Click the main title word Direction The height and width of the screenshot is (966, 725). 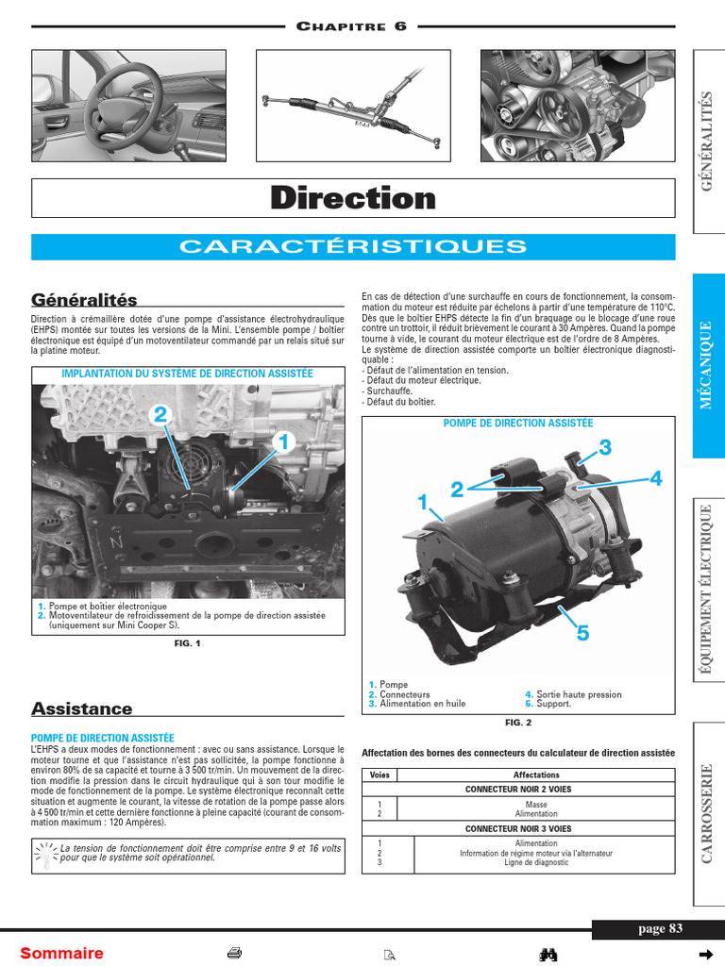tap(353, 198)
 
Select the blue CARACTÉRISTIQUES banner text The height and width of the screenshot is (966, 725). tap(353, 247)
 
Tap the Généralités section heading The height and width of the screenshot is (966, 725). tap(84, 300)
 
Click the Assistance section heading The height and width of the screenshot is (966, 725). tap(82, 708)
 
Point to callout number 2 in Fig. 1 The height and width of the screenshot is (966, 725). tap(160, 414)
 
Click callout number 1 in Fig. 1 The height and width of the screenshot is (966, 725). tap(280, 441)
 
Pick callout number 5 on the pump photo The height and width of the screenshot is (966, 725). tap(582, 634)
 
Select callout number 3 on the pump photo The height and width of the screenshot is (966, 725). tap(605, 446)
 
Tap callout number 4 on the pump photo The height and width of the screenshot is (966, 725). tap(655, 479)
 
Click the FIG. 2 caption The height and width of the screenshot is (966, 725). tap(518, 723)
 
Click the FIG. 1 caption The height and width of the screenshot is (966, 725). tap(188, 643)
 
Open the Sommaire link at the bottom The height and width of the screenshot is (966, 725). tap(62, 953)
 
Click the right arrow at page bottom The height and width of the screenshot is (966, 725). tap(703, 953)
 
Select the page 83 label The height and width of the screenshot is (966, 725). tap(660, 928)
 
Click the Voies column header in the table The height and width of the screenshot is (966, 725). tap(379, 775)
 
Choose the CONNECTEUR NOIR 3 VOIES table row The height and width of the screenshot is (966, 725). tap(518, 828)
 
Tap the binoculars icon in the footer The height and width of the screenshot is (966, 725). tap(548, 954)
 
